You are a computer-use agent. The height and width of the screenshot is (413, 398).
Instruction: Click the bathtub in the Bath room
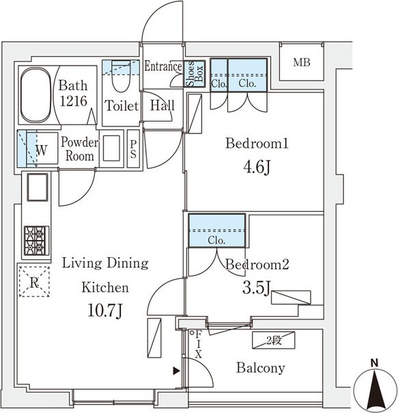click(35, 95)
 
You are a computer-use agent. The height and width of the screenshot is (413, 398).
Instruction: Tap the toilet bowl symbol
click(121, 77)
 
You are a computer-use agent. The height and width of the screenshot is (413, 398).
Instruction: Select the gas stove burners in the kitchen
click(37, 241)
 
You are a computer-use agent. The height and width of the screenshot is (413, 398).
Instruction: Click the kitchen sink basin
click(38, 187)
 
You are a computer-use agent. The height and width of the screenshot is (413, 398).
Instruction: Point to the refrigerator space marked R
click(34, 282)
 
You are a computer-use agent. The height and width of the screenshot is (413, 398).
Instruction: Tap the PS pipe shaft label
click(133, 149)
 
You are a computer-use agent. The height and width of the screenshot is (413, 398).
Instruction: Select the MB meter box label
click(302, 62)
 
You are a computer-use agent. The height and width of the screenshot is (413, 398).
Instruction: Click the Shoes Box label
click(194, 74)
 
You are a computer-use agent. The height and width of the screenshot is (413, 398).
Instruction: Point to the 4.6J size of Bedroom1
click(257, 168)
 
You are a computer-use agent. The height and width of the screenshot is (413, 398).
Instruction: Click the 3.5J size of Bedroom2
click(257, 288)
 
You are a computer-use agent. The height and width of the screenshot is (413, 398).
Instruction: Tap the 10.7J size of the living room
click(104, 310)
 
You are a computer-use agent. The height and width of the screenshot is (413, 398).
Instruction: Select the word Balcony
click(260, 368)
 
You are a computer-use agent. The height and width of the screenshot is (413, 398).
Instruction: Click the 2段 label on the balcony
click(274, 341)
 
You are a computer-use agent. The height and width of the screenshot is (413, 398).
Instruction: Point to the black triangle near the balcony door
click(176, 371)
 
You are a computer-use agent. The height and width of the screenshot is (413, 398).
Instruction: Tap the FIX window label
click(199, 345)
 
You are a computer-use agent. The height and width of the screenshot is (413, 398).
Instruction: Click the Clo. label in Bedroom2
click(216, 241)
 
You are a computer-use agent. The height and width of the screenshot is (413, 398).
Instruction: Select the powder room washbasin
click(111, 148)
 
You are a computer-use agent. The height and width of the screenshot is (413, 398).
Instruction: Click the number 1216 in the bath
click(74, 101)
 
